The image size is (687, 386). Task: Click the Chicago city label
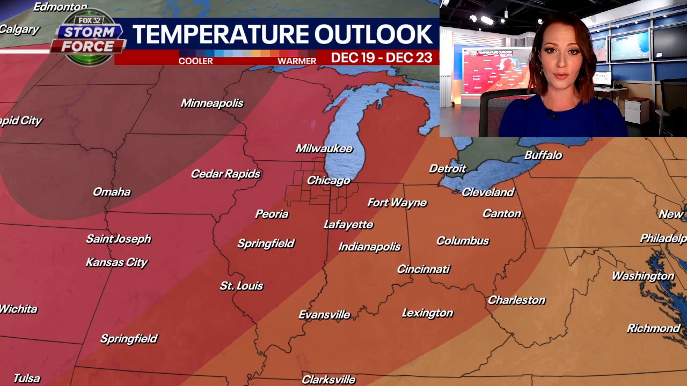click(x=328, y=181)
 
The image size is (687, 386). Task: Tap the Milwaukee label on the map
click(x=324, y=149)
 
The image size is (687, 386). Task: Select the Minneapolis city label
click(x=212, y=103)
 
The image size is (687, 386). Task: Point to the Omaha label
click(x=112, y=192)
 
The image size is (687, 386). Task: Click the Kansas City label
click(x=116, y=262)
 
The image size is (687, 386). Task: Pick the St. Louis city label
click(x=242, y=286)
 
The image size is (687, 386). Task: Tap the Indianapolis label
click(x=369, y=247)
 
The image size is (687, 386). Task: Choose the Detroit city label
click(x=448, y=169)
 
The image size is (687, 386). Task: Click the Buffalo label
click(x=543, y=155)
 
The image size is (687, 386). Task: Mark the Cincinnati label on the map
click(x=423, y=269)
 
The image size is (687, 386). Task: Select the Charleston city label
click(x=516, y=300)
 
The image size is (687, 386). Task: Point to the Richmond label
click(x=653, y=328)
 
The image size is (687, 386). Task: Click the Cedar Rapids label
click(x=225, y=174)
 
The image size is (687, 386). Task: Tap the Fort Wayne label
click(x=397, y=203)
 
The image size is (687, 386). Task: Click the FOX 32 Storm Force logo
click(x=89, y=38)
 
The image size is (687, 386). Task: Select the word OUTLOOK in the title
click(x=373, y=35)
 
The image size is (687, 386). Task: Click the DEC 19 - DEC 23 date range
click(x=381, y=58)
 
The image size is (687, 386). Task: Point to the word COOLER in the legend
click(x=195, y=61)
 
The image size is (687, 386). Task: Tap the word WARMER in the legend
click(x=297, y=61)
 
